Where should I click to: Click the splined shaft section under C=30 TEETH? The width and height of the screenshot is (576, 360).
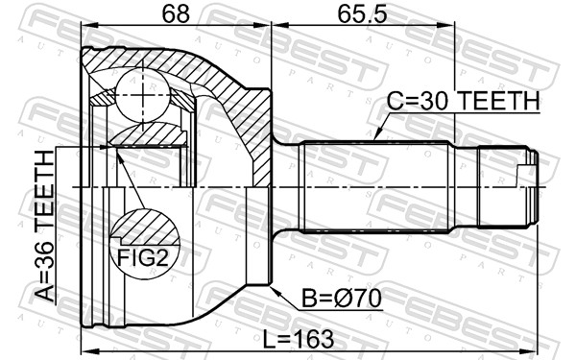point(374,187)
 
